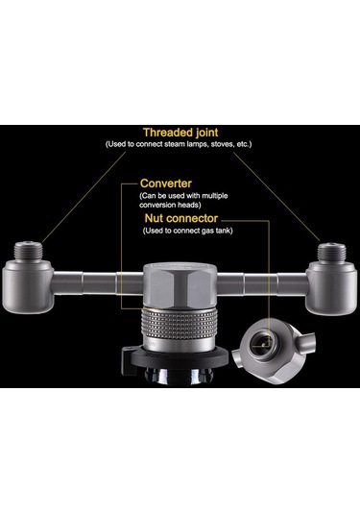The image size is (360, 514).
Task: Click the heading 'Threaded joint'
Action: tap(180, 133)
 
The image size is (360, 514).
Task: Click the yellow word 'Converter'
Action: tap(166, 184)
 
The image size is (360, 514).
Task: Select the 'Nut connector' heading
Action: tap(181, 218)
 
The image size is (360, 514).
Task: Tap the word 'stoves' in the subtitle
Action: tap(223, 144)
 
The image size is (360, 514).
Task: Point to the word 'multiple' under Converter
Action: tap(214, 196)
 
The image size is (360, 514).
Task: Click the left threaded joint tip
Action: tap(29, 251)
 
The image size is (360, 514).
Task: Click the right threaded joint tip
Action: tap(332, 252)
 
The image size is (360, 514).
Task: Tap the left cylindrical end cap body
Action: tap(28, 286)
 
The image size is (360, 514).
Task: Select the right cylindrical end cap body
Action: tap(331, 288)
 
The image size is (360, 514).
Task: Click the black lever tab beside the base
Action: tap(129, 361)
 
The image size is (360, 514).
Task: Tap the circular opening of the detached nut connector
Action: tap(262, 341)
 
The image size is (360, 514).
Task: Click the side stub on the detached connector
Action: tap(306, 343)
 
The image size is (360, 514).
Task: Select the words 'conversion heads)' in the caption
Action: tap(170, 206)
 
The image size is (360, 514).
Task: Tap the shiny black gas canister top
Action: tap(180, 377)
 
